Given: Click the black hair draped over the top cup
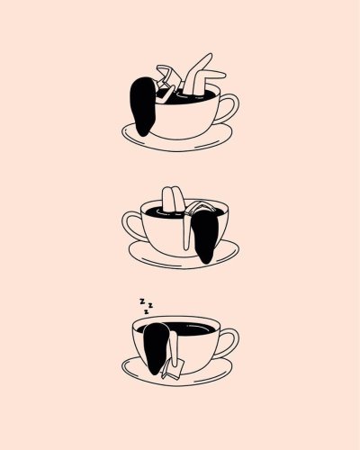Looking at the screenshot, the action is (142, 106).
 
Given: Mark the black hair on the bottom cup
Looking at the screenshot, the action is (156, 348).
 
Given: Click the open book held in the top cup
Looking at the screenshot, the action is (166, 75).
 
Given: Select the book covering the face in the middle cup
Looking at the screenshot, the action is (200, 207).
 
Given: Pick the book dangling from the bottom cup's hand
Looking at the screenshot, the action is (174, 367).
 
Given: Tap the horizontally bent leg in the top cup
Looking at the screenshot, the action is (210, 75).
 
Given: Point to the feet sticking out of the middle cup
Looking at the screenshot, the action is (172, 199).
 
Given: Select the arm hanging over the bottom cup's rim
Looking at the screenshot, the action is (174, 348).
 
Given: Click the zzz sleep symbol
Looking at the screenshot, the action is (146, 306).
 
